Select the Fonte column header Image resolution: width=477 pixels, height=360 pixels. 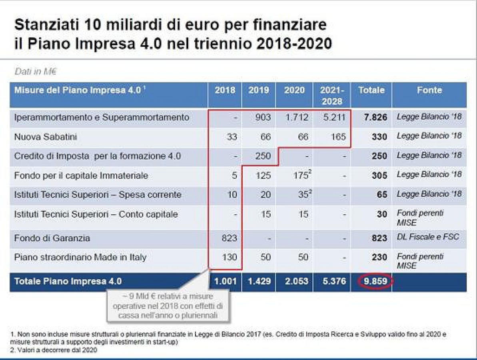click(429, 90)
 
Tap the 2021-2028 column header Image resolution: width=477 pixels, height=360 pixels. click(332, 95)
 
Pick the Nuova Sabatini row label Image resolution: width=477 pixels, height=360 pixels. click(45, 137)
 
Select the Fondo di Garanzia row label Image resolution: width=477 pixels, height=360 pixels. click(52, 238)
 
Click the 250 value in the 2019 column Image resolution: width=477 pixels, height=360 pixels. click(263, 156)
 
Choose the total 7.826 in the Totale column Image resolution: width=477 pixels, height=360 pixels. click(375, 118)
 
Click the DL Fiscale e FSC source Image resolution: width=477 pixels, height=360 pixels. click(427, 237)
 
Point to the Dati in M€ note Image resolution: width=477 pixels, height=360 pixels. click(35, 72)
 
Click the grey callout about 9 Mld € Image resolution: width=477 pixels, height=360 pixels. click(168, 306)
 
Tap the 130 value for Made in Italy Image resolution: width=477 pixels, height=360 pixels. click(229, 257)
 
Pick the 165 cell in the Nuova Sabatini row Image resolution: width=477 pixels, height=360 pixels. click(338, 137)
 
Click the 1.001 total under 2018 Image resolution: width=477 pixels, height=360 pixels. click(225, 281)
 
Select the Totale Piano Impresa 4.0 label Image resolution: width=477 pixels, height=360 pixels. click(68, 281)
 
